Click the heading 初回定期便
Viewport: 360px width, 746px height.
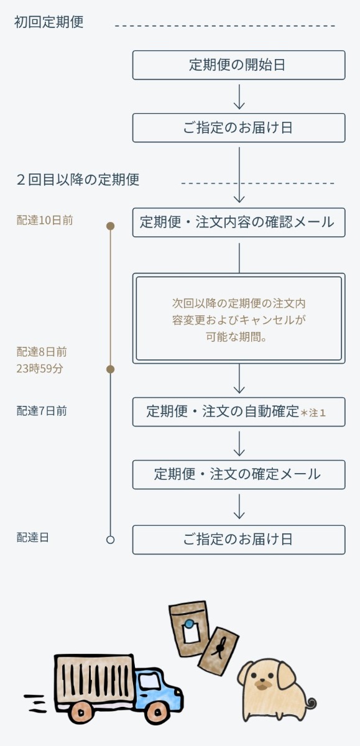pyautogui.click(x=48, y=22)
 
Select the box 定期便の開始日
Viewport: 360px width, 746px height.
pyautogui.click(x=238, y=65)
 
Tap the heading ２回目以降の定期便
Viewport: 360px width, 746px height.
pyautogui.click(x=78, y=180)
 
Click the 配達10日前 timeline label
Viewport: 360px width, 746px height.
pyautogui.click(x=44, y=220)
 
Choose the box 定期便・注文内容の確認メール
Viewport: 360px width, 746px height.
pyautogui.click(x=238, y=222)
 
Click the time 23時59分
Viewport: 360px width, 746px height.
pyautogui.click(x=40, y=369)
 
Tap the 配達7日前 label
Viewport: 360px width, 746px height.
pyautogui.click(x=42, y=411)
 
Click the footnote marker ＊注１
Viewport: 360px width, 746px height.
pyautogui.click(x=313, y=412)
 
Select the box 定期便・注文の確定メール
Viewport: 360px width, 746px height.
pyautogui.click(x=238, y=474)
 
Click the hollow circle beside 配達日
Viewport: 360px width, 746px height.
pyautogui.click(x=111, y=540)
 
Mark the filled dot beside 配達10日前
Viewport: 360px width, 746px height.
pyautogui.click(x=111, y=226)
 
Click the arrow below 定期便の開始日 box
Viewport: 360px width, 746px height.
pyautogui.click(x=239, y=96)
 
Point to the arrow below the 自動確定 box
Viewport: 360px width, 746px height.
pyautogui.click(x=239, y=443)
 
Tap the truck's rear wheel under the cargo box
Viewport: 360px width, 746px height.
pyautogui.click(x=80, y=711)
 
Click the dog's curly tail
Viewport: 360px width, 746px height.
pyautogui.click(x=308, y=704)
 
